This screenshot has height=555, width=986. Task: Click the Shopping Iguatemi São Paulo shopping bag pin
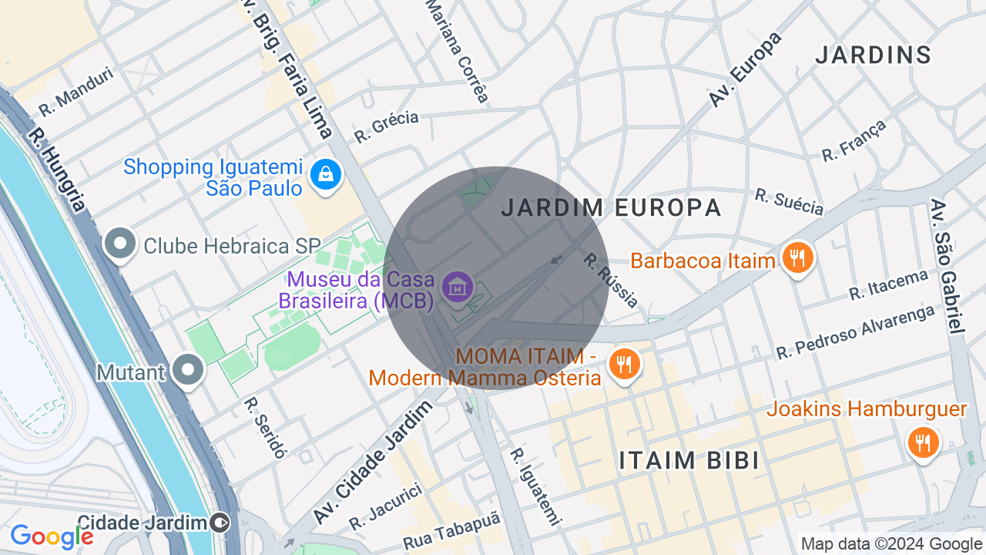[326, 175]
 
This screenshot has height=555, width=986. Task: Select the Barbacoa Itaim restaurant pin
[798, 257]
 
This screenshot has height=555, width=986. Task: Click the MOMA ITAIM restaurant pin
[624, 363]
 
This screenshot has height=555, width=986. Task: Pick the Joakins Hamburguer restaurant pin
[921, 442]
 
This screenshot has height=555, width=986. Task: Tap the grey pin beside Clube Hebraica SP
[120, 244]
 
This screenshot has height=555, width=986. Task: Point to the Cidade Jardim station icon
[220, 523]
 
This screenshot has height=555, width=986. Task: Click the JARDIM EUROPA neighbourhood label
[611, 207]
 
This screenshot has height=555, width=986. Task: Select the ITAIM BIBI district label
[689, 460]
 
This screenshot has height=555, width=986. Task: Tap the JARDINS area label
[874, 55]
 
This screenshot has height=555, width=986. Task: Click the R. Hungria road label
[57, 169]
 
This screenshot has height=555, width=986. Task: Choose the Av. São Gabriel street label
[947, 266]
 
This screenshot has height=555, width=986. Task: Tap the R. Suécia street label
[789, 202]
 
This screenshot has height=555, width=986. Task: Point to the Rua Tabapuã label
[451, 531]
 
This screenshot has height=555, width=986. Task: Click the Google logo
[52, 536]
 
